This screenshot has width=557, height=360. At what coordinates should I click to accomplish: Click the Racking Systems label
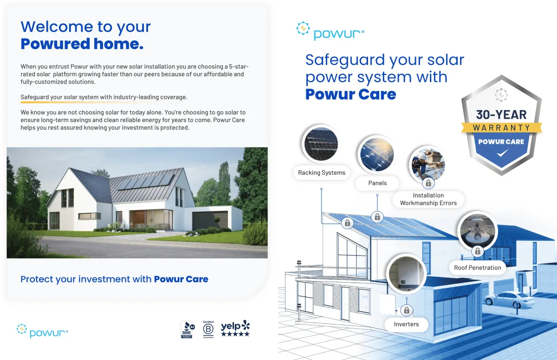click(322, 173)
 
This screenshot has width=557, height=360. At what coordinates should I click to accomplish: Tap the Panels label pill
click(377, 183)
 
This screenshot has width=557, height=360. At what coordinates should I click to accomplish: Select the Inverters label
click(406, 324)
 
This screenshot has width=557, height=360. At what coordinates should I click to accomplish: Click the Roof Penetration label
click(478, 268)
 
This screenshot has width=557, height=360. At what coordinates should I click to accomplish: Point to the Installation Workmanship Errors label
click(428, 199)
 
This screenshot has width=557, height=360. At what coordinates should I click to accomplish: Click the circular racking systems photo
click(321, 144)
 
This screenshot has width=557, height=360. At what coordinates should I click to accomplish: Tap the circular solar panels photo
click(377, 154)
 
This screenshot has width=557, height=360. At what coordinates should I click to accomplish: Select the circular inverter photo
click(407, 274)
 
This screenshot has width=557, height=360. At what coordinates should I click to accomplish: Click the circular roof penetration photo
click(478, 231)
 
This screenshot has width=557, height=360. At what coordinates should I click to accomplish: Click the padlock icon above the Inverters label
click(407, 310)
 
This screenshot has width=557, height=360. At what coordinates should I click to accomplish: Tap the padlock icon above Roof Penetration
click(478, 251)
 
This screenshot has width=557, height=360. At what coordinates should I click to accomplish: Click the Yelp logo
click(235, 328)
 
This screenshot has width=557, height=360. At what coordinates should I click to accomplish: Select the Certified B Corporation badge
click(208, 329)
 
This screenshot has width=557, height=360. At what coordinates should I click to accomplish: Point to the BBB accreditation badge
click(188, 329)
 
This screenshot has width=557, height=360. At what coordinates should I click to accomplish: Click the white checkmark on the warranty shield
click(502, 153)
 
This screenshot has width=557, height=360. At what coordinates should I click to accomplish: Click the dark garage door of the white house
click(210, 221)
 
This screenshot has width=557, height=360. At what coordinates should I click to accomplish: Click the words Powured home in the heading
click(82, 44)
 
